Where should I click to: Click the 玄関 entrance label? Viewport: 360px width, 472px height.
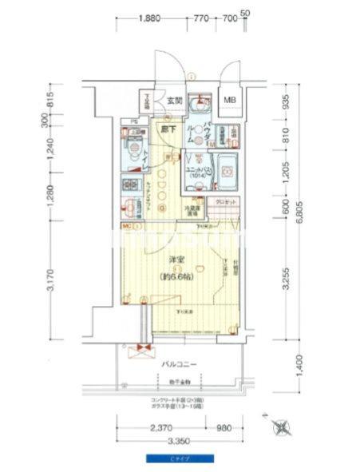175,101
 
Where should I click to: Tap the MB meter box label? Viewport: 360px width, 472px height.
230,100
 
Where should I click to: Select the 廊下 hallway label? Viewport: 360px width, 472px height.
169,129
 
